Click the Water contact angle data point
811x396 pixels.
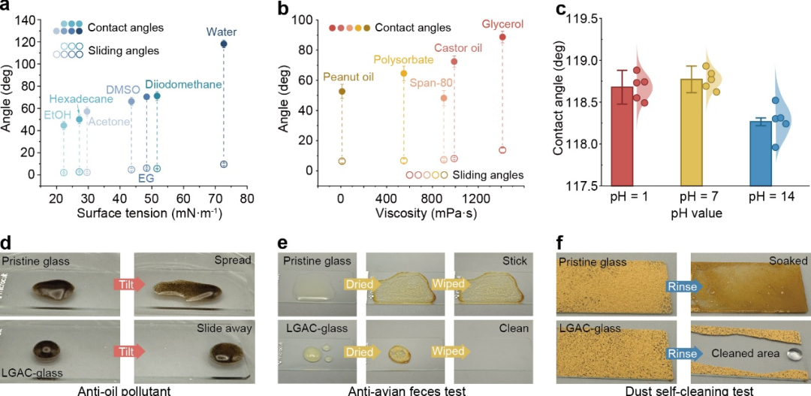(224, 44)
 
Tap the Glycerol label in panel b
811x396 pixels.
(502, 24)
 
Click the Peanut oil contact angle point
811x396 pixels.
(342, 92)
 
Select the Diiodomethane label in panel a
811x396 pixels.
(183, 84)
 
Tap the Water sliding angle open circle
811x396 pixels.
(224, 164)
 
